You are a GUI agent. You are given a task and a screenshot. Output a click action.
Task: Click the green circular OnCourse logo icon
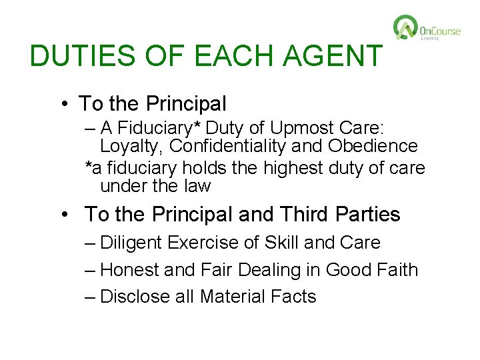coord(405,28)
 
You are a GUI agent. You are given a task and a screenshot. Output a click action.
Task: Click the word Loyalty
coord(131,146)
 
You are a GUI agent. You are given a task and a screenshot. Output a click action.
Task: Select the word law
coord(196,186)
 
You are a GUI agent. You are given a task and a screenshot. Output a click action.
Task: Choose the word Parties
coord(368,215)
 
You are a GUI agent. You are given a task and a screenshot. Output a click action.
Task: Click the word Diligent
coord(133,243)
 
